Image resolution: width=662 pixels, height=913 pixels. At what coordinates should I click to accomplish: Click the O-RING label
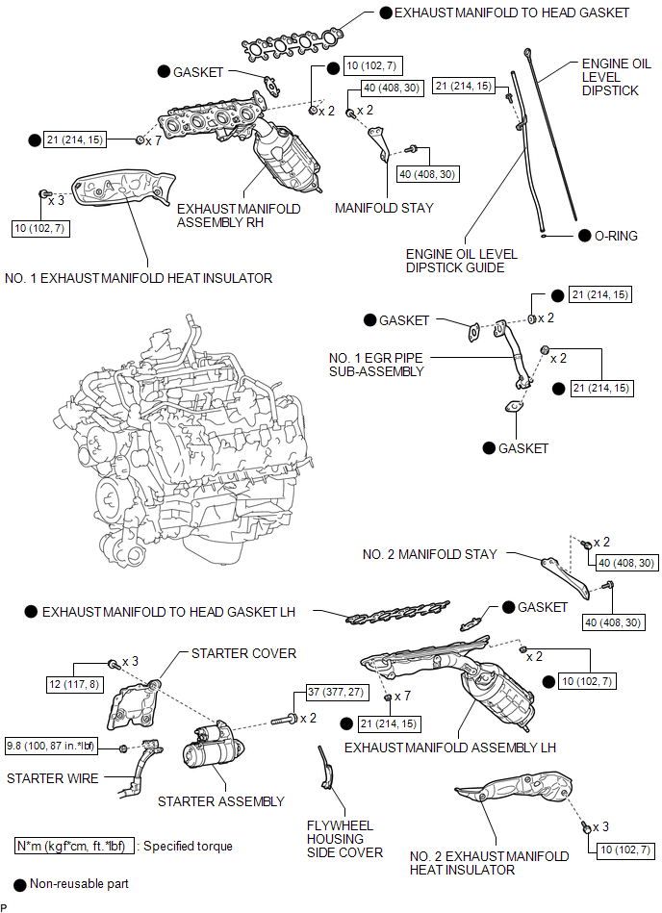pyautogui.click(x=616, y=236)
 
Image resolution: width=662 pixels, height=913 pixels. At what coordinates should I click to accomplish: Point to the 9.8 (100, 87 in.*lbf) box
pyautogui.click(x=51, y=746)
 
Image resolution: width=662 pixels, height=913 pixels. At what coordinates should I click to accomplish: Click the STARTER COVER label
pyautogui.click(x=244, y=653)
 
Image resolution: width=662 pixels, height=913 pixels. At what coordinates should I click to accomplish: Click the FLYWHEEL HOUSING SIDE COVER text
pyautogui.click(x=344, y=839)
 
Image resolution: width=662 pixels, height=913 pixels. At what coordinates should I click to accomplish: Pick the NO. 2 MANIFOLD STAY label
pyautogui.click(x=430, y=554)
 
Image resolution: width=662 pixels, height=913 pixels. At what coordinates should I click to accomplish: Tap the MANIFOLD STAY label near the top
pyautogui.click(x=384, y=208)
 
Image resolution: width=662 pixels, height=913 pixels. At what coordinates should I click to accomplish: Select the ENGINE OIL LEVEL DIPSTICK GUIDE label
pyautogui.click(x=461, y=261)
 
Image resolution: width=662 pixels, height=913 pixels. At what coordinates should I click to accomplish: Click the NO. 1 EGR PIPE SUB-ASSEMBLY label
pyautogui.click(x=376, y=365)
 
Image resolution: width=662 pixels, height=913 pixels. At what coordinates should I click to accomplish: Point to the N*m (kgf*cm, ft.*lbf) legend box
pyautogui.click(x=74, y=846)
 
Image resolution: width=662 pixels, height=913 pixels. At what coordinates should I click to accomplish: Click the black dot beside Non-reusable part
pyautogui.click(x=20, y=884)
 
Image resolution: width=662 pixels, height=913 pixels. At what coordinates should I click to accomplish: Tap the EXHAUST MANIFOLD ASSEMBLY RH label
pyautogui.click(x=239, y=216)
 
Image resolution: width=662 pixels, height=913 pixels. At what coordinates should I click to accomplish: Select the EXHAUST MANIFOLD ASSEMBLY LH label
pyautogui.click(x=450, y=748)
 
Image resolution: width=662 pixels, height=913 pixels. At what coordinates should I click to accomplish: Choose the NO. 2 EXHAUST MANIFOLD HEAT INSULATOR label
pyautogui.click(x=489, y=863)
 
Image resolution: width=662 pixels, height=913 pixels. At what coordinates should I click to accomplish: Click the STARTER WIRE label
pyautogui.click(x=52, y=778)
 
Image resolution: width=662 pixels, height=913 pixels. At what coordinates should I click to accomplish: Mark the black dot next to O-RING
pyautogui.click(x=585, y=236)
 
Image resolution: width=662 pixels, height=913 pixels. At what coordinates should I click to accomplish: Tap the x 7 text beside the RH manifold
pyautogui.click(x=154, y=140)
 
